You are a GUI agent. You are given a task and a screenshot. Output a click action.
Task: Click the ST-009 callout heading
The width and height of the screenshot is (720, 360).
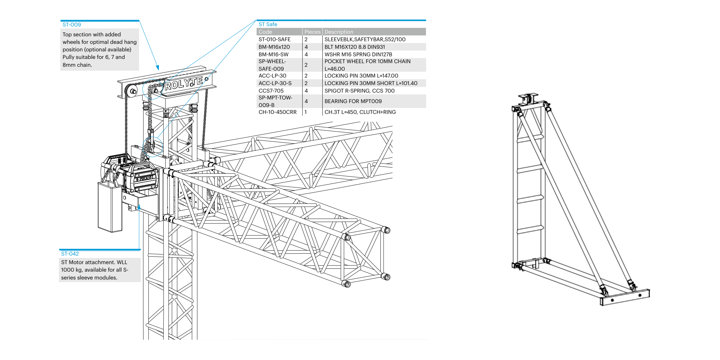point(72,25)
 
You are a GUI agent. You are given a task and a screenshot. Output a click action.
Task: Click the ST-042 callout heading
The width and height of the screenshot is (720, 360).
point(70,254)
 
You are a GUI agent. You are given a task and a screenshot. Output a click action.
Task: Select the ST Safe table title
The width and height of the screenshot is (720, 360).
point(268,25)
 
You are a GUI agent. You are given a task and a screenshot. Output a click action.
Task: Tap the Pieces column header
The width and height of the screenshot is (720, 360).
point(312,32)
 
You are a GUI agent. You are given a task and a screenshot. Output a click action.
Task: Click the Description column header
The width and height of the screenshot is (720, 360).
point(339,32)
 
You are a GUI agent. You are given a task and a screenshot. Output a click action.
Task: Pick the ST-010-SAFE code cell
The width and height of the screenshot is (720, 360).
point(274,40)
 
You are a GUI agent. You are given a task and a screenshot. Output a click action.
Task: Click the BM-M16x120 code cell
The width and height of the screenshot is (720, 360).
point(274,47)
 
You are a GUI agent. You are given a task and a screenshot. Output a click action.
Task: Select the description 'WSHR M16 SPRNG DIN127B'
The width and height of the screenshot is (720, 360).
point(358,55)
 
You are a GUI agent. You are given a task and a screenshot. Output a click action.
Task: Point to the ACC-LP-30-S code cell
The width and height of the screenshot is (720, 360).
point(275,83)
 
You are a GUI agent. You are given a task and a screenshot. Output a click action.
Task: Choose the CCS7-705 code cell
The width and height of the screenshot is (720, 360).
point(271,91)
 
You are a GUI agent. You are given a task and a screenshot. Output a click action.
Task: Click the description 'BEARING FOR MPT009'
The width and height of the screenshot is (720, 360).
point(353,101)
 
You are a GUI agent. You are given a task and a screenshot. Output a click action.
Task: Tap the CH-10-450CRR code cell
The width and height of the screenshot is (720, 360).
point(278,112)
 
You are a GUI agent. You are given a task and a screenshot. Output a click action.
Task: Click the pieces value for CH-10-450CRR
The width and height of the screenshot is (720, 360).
point(306,112)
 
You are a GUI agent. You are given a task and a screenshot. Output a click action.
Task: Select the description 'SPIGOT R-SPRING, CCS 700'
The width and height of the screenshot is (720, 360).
point(359,91)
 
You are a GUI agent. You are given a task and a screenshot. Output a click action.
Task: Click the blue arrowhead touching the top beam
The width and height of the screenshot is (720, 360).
point(158,68)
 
